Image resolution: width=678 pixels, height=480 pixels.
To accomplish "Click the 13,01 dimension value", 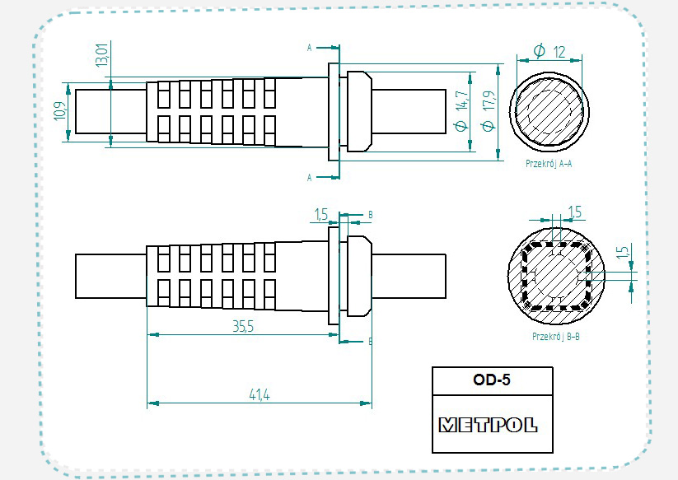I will click(101, 56).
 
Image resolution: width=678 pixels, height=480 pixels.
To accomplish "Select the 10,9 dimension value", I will click(59, 111).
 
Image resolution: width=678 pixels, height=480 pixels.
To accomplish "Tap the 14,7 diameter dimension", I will click(461, 112).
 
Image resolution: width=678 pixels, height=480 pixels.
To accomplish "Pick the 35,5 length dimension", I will click(242, 327).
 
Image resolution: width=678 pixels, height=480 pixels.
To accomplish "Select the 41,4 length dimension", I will click(259, 396).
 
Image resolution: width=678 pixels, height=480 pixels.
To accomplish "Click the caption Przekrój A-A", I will click(549, 164).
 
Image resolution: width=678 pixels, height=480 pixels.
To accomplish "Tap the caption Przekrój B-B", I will click(556, 336).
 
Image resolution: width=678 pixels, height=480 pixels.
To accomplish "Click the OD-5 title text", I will click(493, 381).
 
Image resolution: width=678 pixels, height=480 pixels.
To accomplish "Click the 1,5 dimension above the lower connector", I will click(321, 215).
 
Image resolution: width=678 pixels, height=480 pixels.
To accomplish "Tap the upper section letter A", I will click(309, 48).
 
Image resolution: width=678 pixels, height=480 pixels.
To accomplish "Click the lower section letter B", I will click(371, 341).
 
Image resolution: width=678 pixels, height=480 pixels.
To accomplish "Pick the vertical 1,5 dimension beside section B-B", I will click(623, 252).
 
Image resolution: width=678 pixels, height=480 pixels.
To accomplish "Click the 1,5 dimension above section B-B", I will click(575, 212).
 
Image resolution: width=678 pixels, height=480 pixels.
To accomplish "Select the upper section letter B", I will click(371, 215).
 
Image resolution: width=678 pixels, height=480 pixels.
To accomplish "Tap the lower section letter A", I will click(309, 177).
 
